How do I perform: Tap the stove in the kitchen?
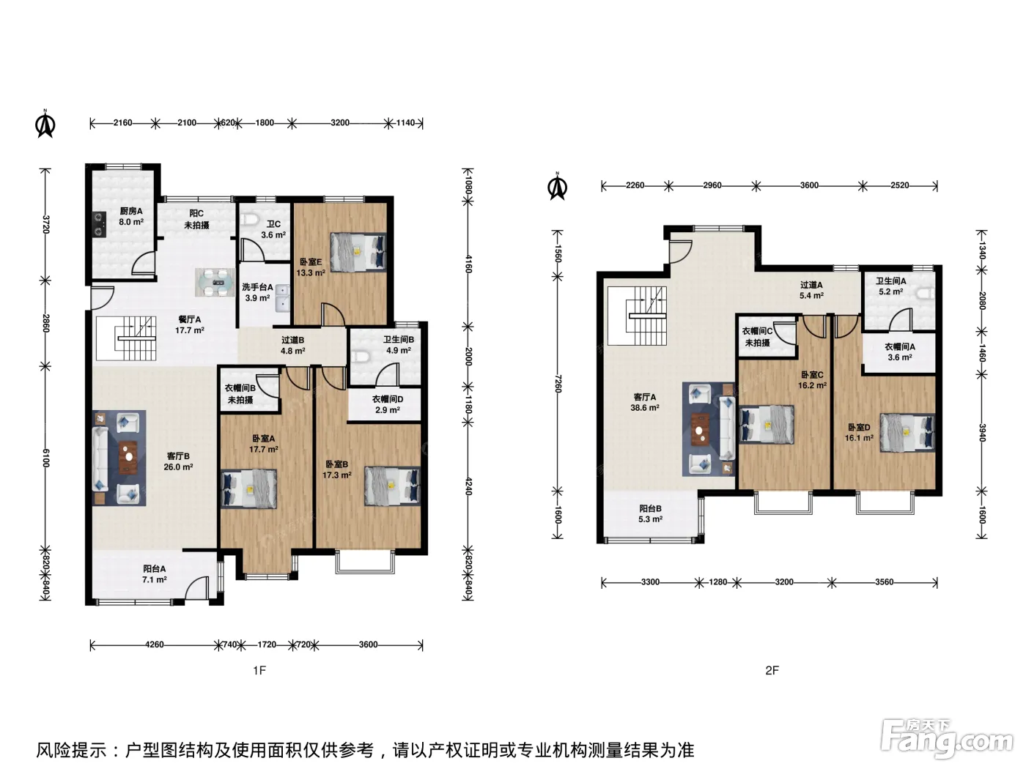tap(99, 224)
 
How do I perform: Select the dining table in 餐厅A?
tap(215, 282)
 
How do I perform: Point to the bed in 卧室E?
tap(358, 252)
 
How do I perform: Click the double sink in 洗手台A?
tap(284, 298)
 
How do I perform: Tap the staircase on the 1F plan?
tap(126, 338)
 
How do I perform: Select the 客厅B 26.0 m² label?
tap(178, 461)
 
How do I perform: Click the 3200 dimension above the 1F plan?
tap(340, 123)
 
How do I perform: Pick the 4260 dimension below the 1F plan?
tap(154, 644)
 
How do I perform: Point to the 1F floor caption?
tap(259, 670)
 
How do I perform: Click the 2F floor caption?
tap(772, 670)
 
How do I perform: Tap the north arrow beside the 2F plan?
tap(558, 186)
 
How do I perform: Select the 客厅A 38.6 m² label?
tap(645, 402)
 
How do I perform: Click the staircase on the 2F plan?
tap(637, 316)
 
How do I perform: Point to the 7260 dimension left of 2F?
tap(558, 383)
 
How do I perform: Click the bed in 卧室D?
tap(907, 432)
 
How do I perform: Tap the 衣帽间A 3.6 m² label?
tap(900, 352)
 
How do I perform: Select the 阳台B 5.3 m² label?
tap(650, 513)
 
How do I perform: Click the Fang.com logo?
tap(946, 740)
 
